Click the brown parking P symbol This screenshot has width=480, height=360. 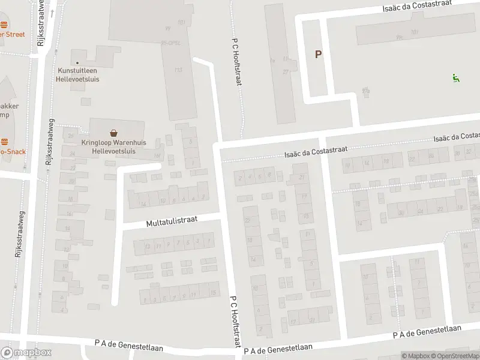pyautogui.click(x=318, y=55)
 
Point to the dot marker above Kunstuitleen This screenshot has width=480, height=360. pyautogui.click(x=77, y=62)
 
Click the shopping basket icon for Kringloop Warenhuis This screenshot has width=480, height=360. pyautogui.click(x=113, y=133)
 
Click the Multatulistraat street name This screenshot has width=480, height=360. pyautogui.click(x=171, y=221)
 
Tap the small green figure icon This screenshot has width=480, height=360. pyautogui.click(x=455, y=77)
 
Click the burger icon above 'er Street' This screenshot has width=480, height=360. pyautogui.click(x=4, y=25)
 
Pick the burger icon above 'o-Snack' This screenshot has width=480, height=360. pyautogui.click(x=4, y=142)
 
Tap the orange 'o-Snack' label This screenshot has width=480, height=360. pyautogui.click(x=13, y=152)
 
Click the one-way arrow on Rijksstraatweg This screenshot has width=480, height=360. pyautogui.click(x=53, y=13)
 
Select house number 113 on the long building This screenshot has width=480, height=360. pyautogui.click(x=178, y=70)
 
